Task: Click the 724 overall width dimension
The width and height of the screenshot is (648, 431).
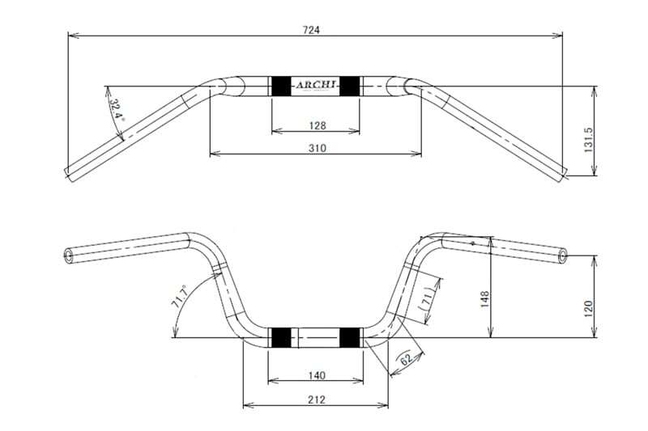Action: pyautogui.click(x=311, y=30)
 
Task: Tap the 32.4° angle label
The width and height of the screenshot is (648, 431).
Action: pyautogui.click(x=117, y=109)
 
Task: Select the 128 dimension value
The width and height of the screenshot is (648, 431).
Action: pyautogui.click(x=318, y=125)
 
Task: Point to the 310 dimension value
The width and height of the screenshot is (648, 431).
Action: pyautogui.click(x=318, y=148)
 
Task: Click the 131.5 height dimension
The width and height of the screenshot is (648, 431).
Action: pyautogui.click(x=589, y=139)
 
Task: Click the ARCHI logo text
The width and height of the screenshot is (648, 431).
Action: pyautogui.click(x=316, y=85)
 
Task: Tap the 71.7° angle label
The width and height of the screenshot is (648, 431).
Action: pyautogui.click(x=180, y=297)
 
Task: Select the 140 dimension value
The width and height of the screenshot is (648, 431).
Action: pyautogui.click(x=317, y=375)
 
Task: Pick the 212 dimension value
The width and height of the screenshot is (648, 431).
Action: pyautogui.click(x=317, y=399)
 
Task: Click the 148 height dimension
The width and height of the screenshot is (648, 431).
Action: pyautogui.click(x=484, y=299)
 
